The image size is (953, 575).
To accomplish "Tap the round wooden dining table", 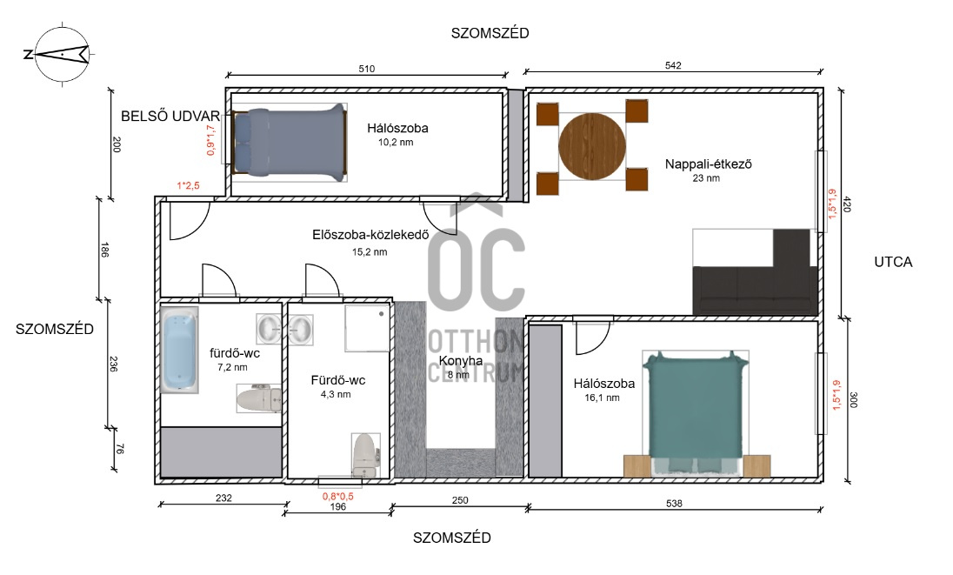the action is pos(591,146).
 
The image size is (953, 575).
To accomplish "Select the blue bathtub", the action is pos(179,350).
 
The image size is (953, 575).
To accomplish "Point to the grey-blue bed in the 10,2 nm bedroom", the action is pos(289,143).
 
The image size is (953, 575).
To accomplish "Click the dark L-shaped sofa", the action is pos(755,272).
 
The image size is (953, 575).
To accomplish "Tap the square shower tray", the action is pos(367,328).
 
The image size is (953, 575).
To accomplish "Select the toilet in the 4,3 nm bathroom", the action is pos(366,455).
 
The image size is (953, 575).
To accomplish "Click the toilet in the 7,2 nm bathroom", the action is pos(258,398).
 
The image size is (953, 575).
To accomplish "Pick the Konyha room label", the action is pos(461,360).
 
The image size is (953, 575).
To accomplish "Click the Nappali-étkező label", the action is pos(708,164).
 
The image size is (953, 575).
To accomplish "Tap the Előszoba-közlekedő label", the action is pos(370,235).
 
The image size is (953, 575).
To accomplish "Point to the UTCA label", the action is pos(893,262).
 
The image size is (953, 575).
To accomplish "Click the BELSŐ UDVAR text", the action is pos(170,116).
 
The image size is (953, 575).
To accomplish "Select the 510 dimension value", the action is pos(366,69).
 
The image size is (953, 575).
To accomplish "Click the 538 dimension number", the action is pos(674,504).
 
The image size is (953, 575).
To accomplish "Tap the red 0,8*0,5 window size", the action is pos(338,496).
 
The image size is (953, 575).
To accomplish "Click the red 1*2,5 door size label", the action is pos(189,186).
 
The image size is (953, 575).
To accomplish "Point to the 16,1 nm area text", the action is pos(603,398).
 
